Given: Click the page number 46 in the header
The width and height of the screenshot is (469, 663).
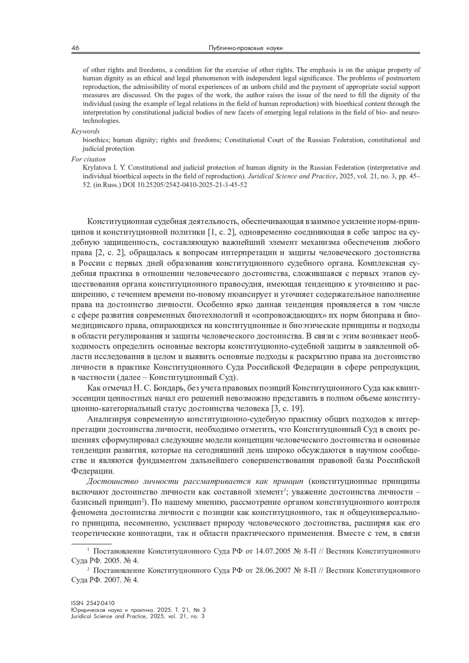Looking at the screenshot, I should [75, 48].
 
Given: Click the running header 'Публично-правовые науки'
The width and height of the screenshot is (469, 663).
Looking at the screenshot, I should [245, 48].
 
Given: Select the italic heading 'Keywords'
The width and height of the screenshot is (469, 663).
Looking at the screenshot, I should [85, 132].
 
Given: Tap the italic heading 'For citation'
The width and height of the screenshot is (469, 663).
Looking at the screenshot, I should [88, 159].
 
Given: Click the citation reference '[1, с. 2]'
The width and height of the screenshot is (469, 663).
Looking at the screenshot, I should [221, 233].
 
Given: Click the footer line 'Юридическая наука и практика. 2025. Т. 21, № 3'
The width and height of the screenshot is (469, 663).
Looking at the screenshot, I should [138, 610].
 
